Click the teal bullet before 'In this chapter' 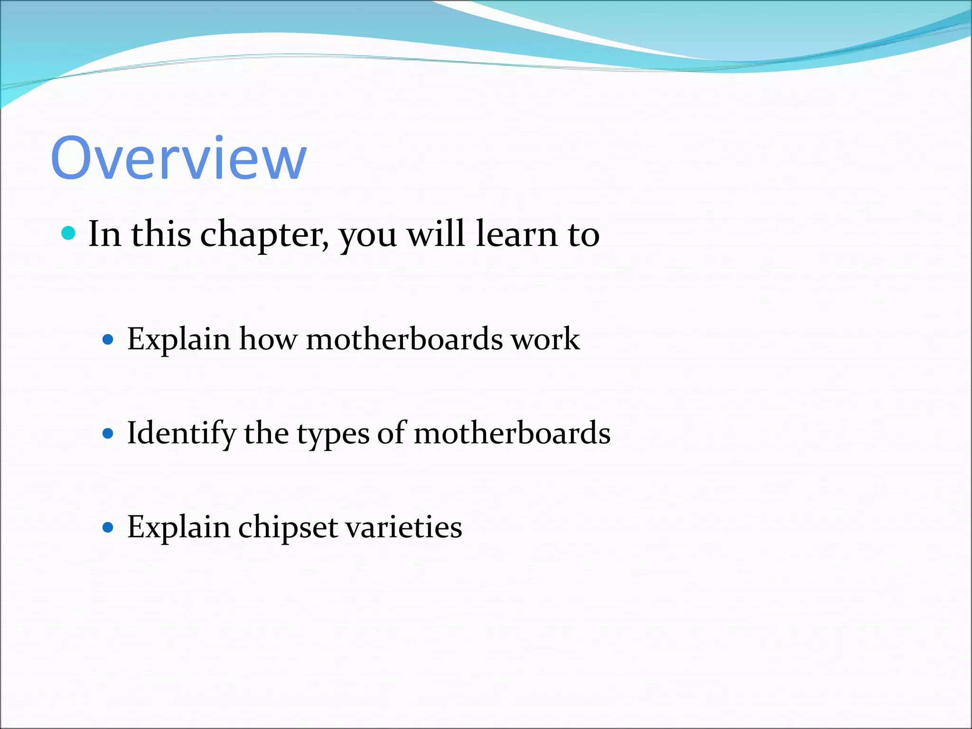click(69, 233)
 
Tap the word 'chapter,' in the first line click(264, 235)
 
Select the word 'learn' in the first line click(516, 234)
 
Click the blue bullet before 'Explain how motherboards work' click(108, 339)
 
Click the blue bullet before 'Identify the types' click(108, 433)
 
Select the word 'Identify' click(181, 434)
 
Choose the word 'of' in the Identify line click(391, 433)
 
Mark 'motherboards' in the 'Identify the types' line click(512, 433)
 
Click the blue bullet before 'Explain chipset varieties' click(108, 527)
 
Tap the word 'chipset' click(288, 528)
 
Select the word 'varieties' click(403, 527)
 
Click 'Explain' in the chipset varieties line click(178, 528)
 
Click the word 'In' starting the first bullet click(104, 234)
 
